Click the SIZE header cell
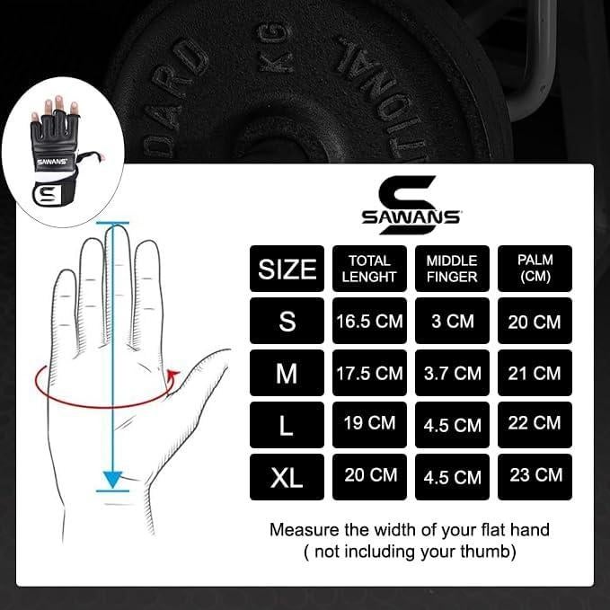click(287, 269)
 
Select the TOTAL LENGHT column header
click(369, 269)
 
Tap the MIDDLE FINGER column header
click(452, 269)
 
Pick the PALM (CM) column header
click(535, 269)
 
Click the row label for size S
click(287, 321)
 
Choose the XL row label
click(287, 476)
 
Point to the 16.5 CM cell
click(369, 321)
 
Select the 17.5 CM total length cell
click(369, 373)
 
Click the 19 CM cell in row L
click(369, 424)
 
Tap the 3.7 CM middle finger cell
click(452, 373)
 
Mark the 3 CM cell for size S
click(452, 321)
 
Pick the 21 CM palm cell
click(535, 373)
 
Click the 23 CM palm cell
click(535, 476)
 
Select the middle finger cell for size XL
click(452, 476)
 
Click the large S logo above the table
click(411, 191)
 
